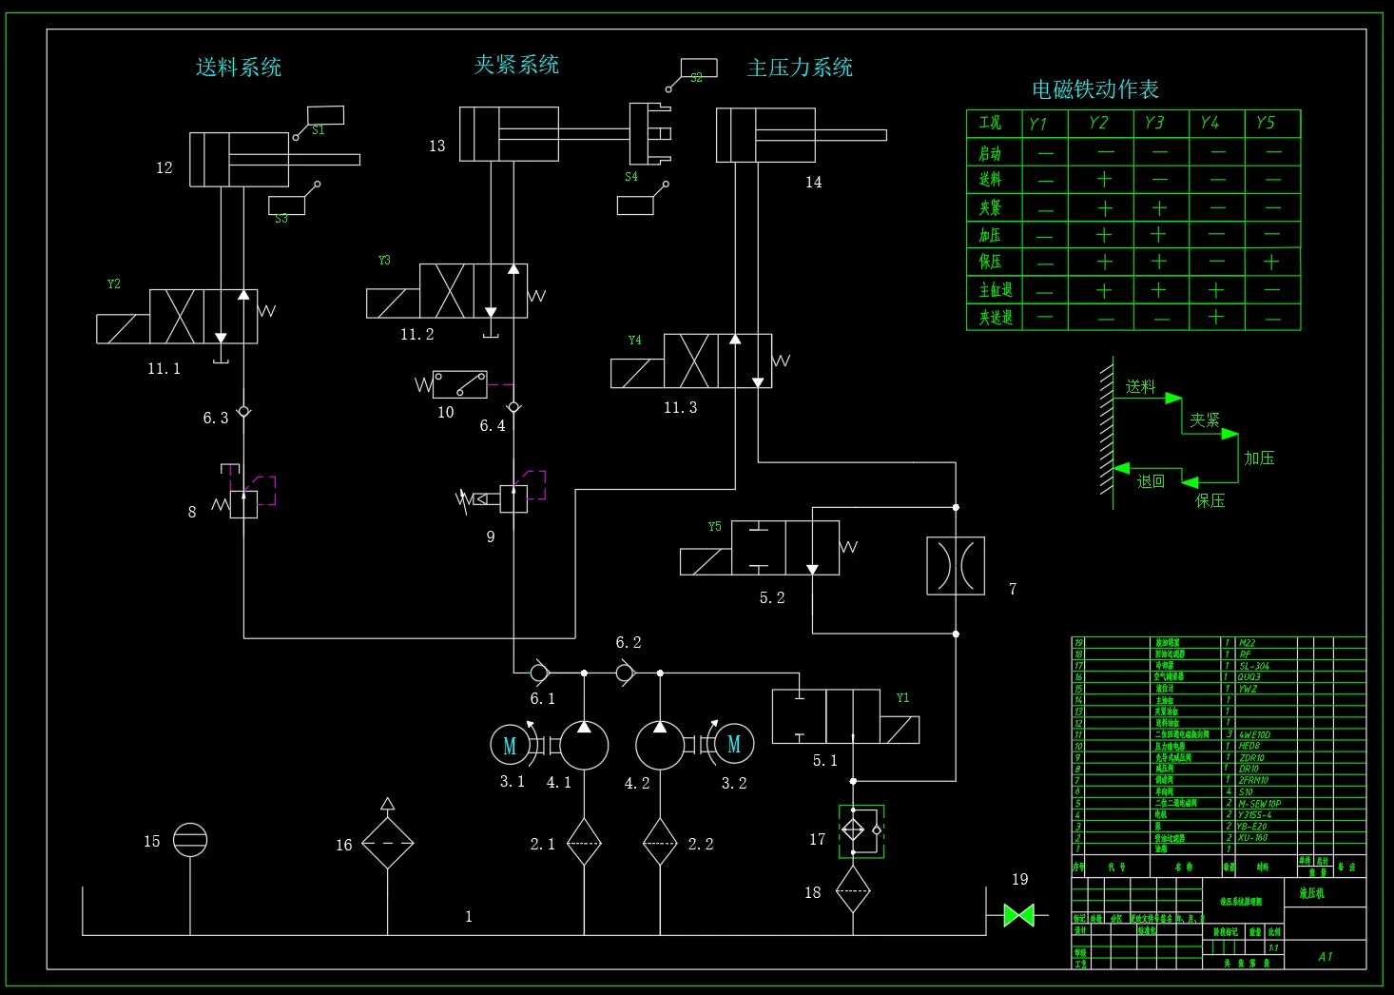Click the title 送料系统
tap(239, 68)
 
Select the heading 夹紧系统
tap(516, 65)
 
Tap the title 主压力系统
tap(800, 68)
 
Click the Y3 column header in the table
tap(1154, 123)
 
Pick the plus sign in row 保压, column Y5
tap(1271, 262)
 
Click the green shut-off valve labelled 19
tap(1018, 915)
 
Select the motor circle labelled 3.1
tap(509, 745)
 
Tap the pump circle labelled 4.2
tap(659, 745)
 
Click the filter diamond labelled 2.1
tap(584, 842)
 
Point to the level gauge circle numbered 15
tap(190, 840)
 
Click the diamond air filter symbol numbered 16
tap(387, 843)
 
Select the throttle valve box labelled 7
tap(956, 566)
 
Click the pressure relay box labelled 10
tap(460, 384)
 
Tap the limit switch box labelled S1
tap(325, 115)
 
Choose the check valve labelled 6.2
tap(624, 673)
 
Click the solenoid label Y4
tap(635, 341)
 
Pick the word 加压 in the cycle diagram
tap(1259, 458)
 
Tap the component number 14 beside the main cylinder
tap(814, 182)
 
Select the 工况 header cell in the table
tap(991, 123)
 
